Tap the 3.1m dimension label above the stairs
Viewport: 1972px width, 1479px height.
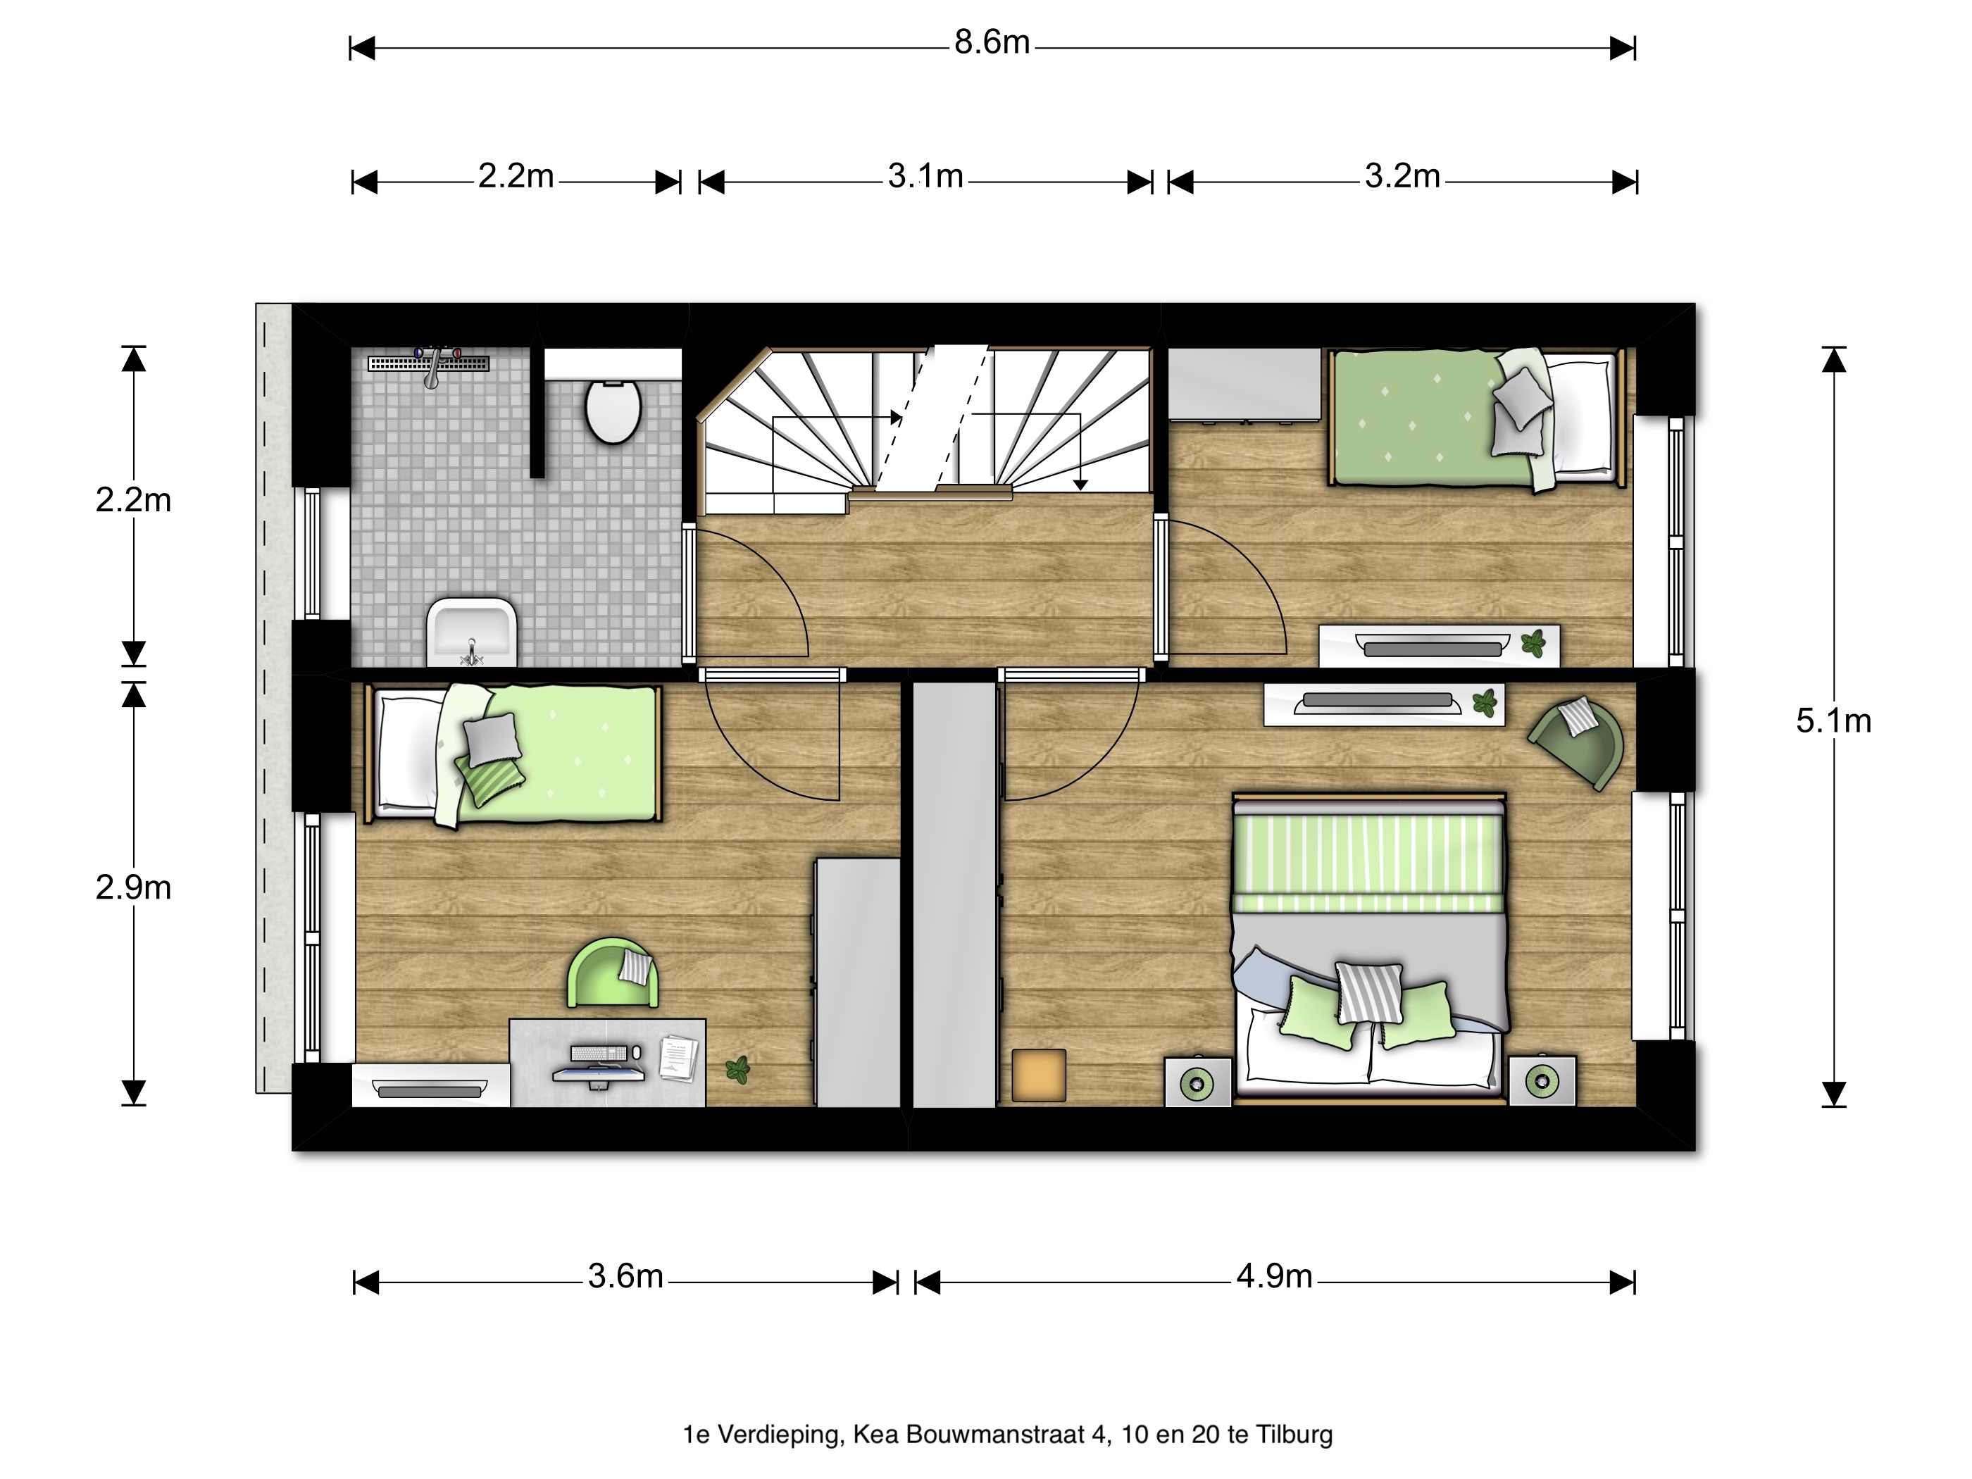pos(925,177)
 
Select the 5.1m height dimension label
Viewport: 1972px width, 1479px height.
pos(1834,721)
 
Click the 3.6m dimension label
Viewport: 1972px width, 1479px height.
pos(625,1277)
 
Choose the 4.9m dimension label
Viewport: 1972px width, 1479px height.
pos(1274,1277)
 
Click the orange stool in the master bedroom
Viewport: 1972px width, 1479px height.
pos(1040,1075)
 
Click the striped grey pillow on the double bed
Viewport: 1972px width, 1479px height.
pos(1368,992)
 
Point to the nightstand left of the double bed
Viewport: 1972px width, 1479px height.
pos(1198,1082)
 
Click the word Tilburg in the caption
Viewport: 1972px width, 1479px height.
pos(1294,1435)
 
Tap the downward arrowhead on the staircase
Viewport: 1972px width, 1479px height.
pos(1080,485)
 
